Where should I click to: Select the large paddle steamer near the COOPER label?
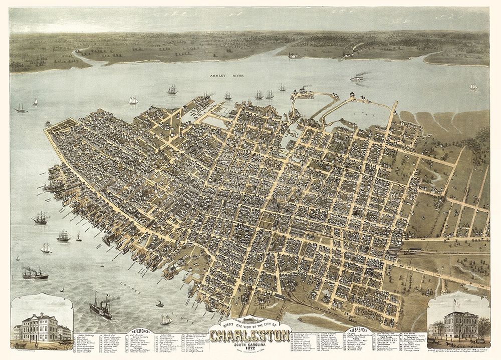[101, 306]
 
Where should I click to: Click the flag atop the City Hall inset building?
[454, 302]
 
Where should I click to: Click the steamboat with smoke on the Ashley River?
[357, 78]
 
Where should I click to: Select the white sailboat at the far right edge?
[473, 87]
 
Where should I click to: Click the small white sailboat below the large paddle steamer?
[166, 319]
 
